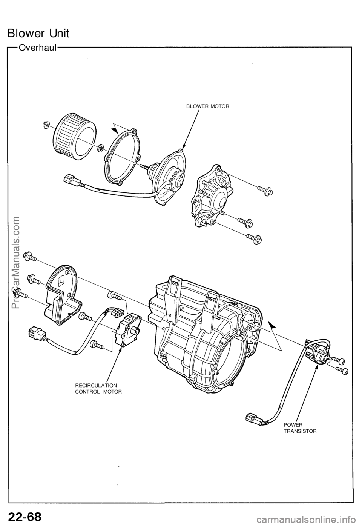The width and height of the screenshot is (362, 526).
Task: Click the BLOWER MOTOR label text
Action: point(207,106)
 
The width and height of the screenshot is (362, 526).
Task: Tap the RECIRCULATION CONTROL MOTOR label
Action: point(98,388)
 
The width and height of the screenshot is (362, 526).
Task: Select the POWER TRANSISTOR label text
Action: point(300,427)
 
